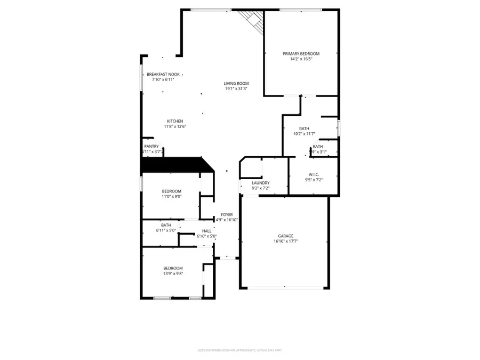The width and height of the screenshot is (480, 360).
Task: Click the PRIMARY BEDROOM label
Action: point(301,53)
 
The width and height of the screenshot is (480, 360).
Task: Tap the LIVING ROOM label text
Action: point(236,83)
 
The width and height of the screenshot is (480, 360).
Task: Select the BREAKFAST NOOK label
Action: point(163,74)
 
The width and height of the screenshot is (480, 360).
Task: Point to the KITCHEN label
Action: point(175,121)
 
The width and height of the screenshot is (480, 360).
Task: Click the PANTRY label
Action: point(151,146)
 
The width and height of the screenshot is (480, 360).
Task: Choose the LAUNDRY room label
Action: point(260,183)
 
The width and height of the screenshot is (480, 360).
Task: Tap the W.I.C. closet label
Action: point(313,174)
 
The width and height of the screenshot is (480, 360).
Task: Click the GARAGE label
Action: point(285,236)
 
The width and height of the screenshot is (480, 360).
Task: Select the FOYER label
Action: point(227,214)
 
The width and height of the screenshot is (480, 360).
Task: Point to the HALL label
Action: point(206,231)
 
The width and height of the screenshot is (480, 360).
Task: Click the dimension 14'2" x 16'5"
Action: point(301,59)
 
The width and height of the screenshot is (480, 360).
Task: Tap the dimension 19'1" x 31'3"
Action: point(236,89)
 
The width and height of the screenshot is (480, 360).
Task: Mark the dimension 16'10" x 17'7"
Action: point(285,241)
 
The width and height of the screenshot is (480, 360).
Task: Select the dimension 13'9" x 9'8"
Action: point(173,274)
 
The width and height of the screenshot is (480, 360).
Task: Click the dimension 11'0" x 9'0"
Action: point(172,196)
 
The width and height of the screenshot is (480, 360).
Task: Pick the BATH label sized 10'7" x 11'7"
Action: point(304,129)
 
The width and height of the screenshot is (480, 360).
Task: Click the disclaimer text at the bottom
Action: point(239,350)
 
